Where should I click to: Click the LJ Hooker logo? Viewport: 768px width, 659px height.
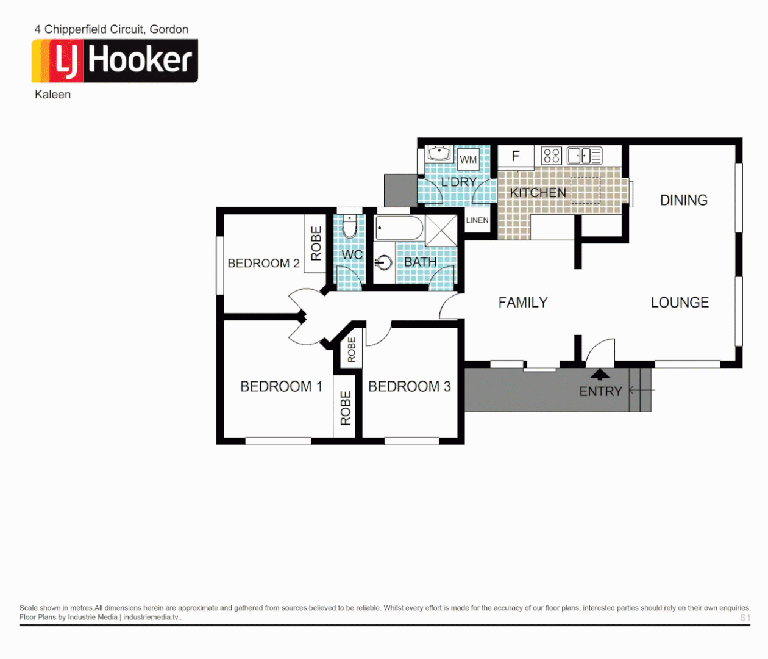tap(115, 61)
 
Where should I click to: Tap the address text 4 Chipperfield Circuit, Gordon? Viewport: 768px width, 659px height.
tap(112, 29)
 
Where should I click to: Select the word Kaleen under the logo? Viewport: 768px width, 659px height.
tap(52, 95)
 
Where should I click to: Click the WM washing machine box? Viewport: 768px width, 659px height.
tap(468, 159)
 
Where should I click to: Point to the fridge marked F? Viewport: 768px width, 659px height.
tap(516, 156)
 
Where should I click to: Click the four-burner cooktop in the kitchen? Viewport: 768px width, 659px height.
tap(551, 156)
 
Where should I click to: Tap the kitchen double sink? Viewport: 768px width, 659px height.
tap(584, 156)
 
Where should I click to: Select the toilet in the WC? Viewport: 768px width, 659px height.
tap(349, 227)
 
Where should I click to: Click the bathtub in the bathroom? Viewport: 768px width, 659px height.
tap(399, 228)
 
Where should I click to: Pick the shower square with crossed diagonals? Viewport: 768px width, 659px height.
tap(441, 230)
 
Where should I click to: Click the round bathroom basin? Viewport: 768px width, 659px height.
tap(383, 263)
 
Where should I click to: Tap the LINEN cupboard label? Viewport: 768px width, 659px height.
tap(477, 220)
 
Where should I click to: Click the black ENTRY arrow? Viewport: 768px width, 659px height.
tap(600, 375)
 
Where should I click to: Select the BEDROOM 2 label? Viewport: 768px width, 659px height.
tap(263, 263)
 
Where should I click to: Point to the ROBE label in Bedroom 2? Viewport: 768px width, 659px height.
tap(316, 243)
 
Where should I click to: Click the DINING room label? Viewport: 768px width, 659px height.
tap(683, 200)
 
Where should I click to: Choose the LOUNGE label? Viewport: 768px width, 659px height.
tap(680, 303)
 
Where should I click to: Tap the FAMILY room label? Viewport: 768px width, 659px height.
tap(523, 303)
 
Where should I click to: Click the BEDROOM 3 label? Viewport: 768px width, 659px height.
tap(410, 386)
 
